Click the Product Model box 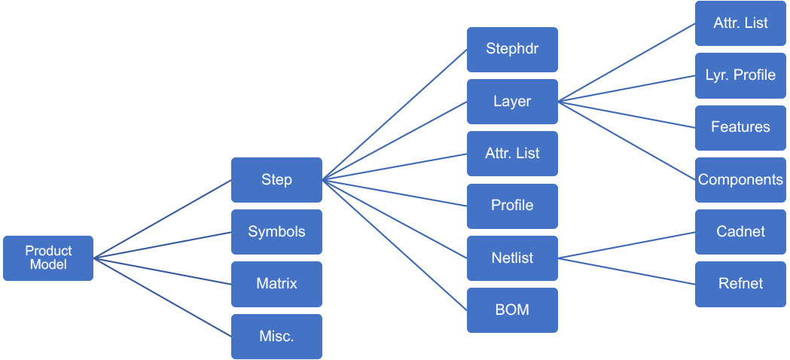(x=48, y=258)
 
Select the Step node (x=276, y=180)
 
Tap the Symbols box (x=276, y=232)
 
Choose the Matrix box (x=276, y=284)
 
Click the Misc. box (x=276, y=337)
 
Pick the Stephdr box (x=512, y=50)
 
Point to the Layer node (x=512, y=102)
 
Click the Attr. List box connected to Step (x=512, y=154)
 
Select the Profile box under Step (x=512, y=206)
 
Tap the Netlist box (x=512, y=258)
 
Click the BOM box (x=512, y=310)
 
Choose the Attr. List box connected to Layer (x=740, y=23)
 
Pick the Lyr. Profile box (x=740, y=75)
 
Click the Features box (x=740, y=127)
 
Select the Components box (x=740, y=180)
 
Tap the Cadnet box (x=740, y=232)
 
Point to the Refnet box (x=740, y=284)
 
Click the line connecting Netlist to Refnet (x=627, y=271)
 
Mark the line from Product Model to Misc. (x=163, y=297)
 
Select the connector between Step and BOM (x=395, y=245)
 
